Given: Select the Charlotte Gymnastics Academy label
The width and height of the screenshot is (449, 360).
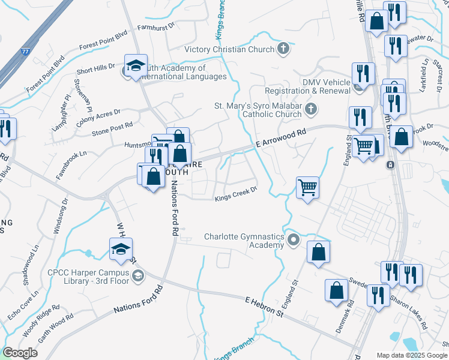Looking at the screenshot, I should coord(244,241).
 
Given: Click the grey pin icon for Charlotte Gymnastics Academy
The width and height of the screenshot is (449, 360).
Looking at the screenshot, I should coord(293,241).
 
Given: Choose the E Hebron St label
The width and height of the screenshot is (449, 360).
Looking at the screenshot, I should coord(265,306).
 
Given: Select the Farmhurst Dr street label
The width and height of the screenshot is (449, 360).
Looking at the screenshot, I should coord(155,27).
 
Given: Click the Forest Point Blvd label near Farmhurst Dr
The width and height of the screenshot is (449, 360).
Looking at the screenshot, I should coord(103,42).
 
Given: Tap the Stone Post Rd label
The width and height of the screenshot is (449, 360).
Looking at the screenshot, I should coord(112,128).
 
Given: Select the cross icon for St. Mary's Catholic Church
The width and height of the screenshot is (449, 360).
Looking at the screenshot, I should coord(310,109).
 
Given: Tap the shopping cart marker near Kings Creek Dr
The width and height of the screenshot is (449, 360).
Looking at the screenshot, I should coord(307,187).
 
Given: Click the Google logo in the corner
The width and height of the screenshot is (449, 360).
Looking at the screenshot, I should coord(20,353).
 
